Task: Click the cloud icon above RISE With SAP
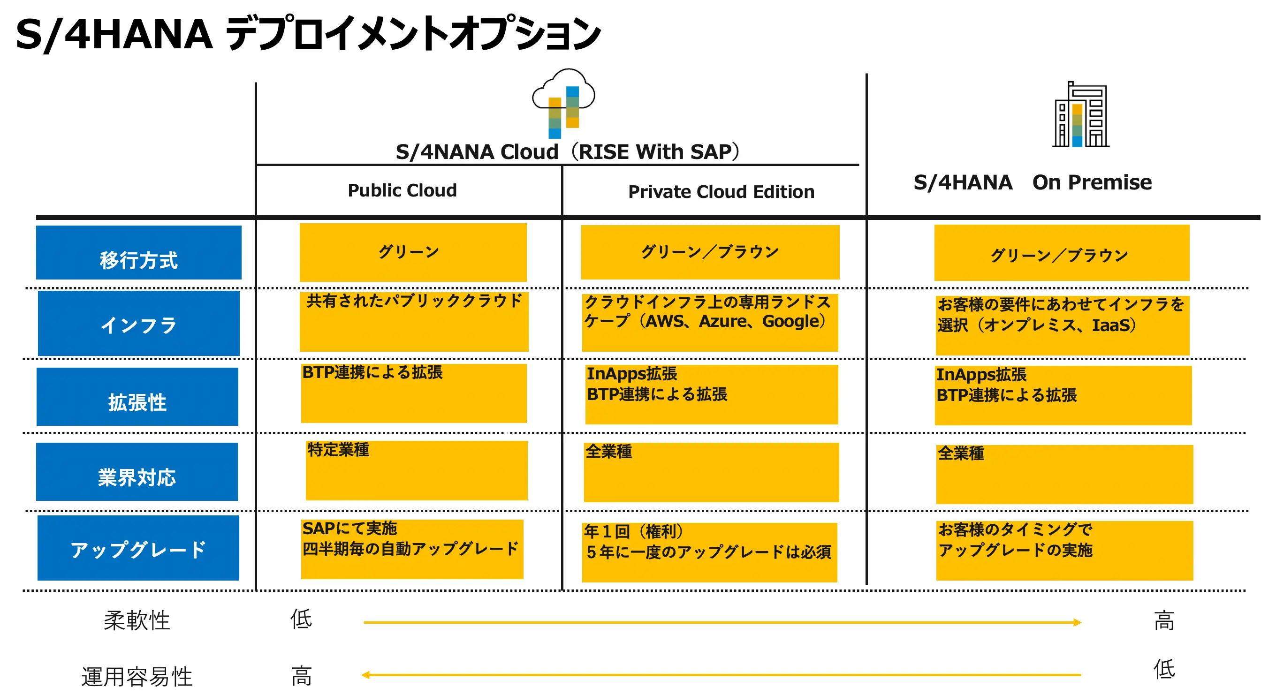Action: (564, 103)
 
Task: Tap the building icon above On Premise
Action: (1081, 114)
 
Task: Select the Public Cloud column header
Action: (402, 190)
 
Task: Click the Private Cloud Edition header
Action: (721, 191)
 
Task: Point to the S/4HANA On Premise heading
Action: (1033, 182)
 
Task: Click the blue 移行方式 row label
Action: (139, 252)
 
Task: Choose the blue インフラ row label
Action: (139, 323)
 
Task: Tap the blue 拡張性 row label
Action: (137, 397)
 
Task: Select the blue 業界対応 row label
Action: (137, 472)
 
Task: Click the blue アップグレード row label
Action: (138, 548)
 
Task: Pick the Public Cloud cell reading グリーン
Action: (413, 252)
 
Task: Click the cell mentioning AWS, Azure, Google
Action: (710, 322)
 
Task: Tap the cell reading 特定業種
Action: (417, 471)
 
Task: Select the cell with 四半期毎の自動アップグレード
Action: (412, 549)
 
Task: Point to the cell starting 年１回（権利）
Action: (709, 552)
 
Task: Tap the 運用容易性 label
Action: (137, 677)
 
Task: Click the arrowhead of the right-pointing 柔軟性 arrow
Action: (1078, 623)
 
